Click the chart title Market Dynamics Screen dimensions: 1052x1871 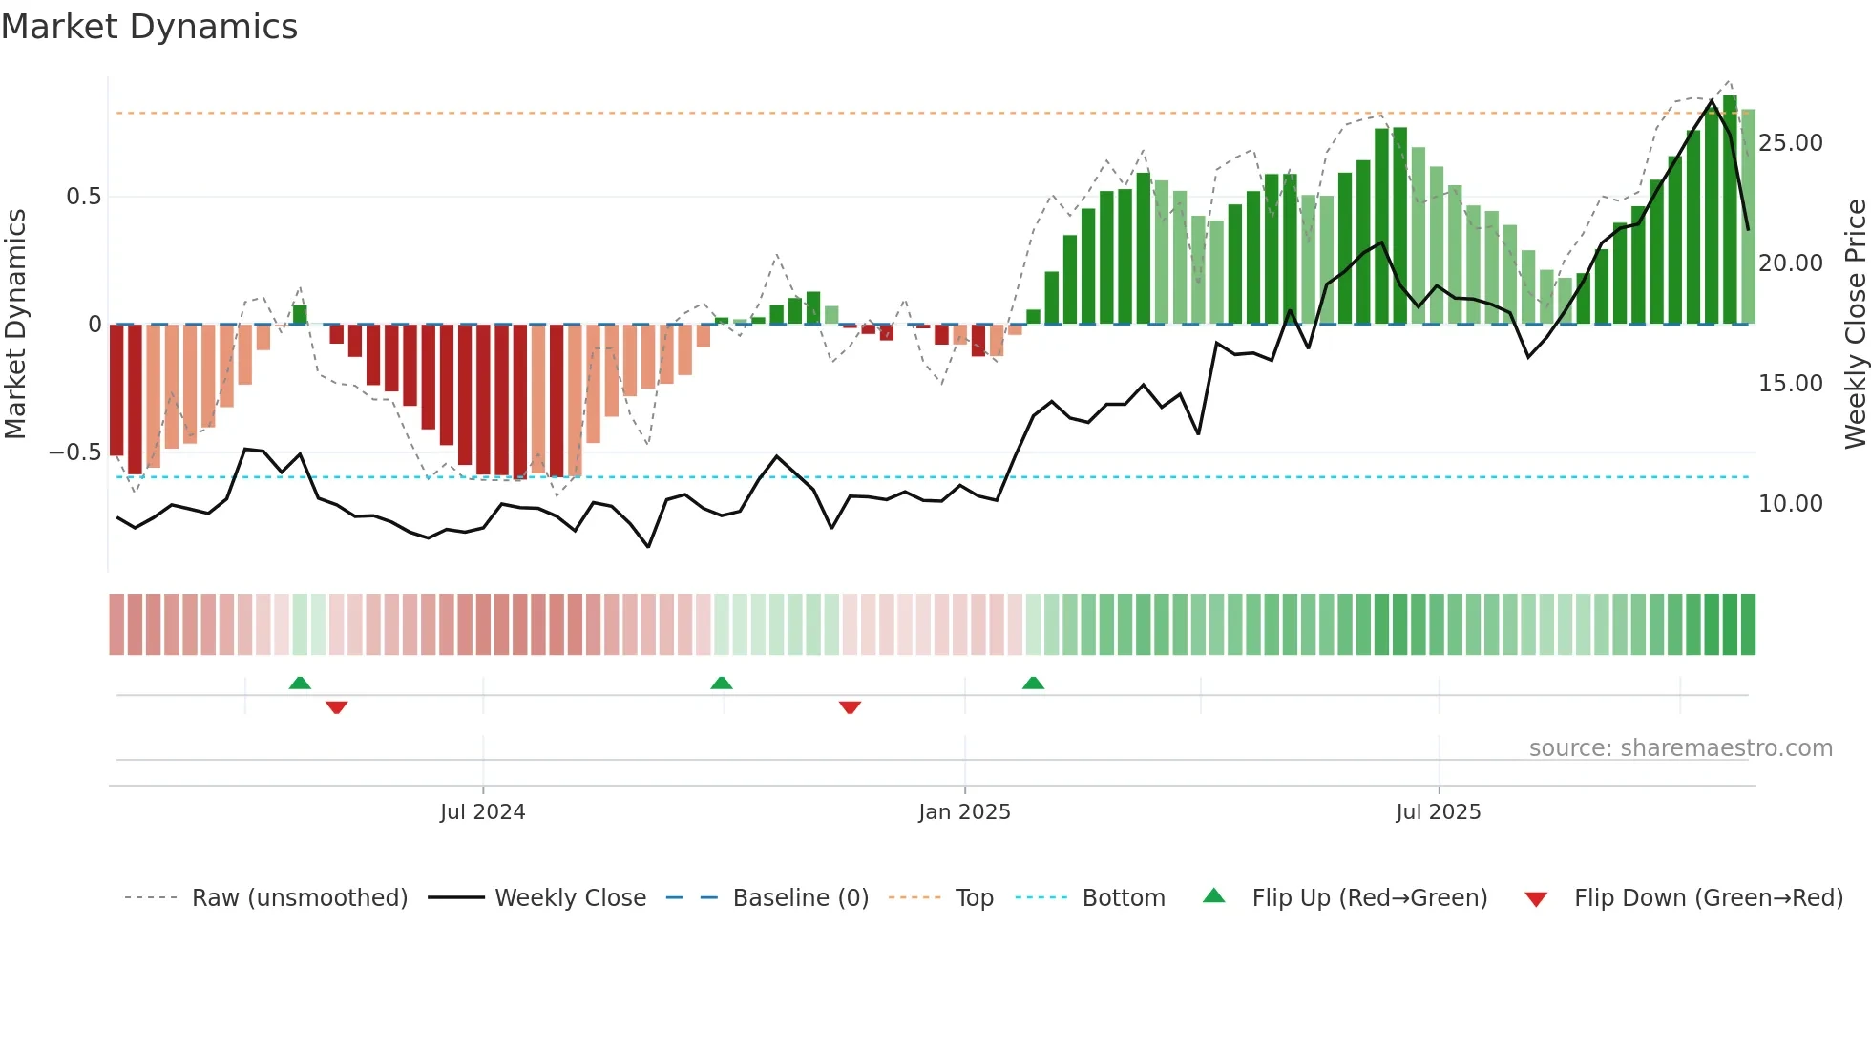(x=149, y=27)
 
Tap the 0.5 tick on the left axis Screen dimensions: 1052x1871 (x=83, y=197)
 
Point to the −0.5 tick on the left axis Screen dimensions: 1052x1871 (x=74, y=452)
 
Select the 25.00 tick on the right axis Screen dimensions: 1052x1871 (x=1790, y=143)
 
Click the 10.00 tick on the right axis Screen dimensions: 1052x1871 (x=1790, y=504)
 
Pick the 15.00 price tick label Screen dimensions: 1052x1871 (x=1790, y=384)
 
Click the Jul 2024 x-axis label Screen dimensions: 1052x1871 (x=482, y=812)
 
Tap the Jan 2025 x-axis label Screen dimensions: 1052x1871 (x=964, y=812)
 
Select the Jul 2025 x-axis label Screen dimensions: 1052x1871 (x=1438, y=812)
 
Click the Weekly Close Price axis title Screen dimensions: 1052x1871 (x=1855, y=325)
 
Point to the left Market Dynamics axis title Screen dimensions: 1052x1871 (x=15, y=325)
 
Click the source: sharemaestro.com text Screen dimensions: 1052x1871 (x=1680, y=748)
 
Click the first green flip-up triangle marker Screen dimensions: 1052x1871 (x=300, y=684)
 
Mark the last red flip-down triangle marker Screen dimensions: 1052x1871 (x=850, y=707)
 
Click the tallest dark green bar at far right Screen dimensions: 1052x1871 (x=1730, y=210)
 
